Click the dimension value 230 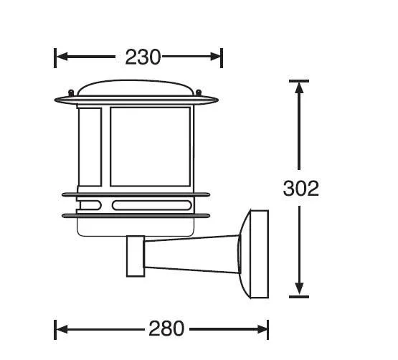(x=143, y=57)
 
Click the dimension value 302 (x=300, y=188)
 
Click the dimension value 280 (x=166, y=329)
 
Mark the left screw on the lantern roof (x=71, y=92)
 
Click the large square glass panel (x=149, y=146)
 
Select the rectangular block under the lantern (x=135, y=256)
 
